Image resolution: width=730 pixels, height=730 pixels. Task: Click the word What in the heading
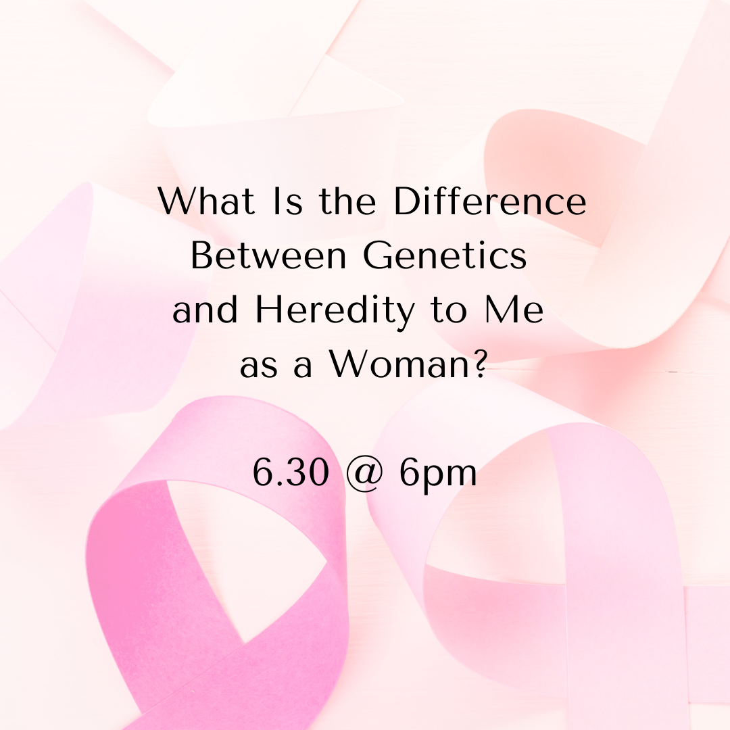(x=207, y=201)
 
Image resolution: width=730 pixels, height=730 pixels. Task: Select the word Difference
(x=490, y=201)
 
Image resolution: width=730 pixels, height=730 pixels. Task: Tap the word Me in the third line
(x=514, y=309)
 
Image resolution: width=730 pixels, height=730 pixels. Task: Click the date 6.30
(x=291, y=472)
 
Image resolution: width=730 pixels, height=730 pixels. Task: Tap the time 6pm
(x=438, y=475)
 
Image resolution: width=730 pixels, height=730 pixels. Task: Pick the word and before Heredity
(x=205, y=310)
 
